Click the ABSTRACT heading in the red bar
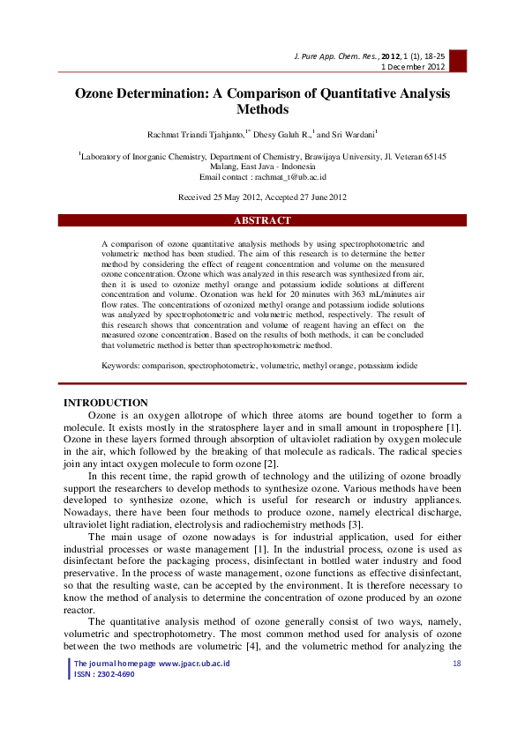(x=262, y=220)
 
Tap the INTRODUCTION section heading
(x=106, y=403)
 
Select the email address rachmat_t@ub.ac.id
(x=290, y=176)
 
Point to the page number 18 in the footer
(x=456, y=663)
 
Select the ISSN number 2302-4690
(x=116, y=673)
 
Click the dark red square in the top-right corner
(x=458, y=60)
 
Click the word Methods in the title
(x=262, y=110)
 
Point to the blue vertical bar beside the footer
(x=70, y=668)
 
